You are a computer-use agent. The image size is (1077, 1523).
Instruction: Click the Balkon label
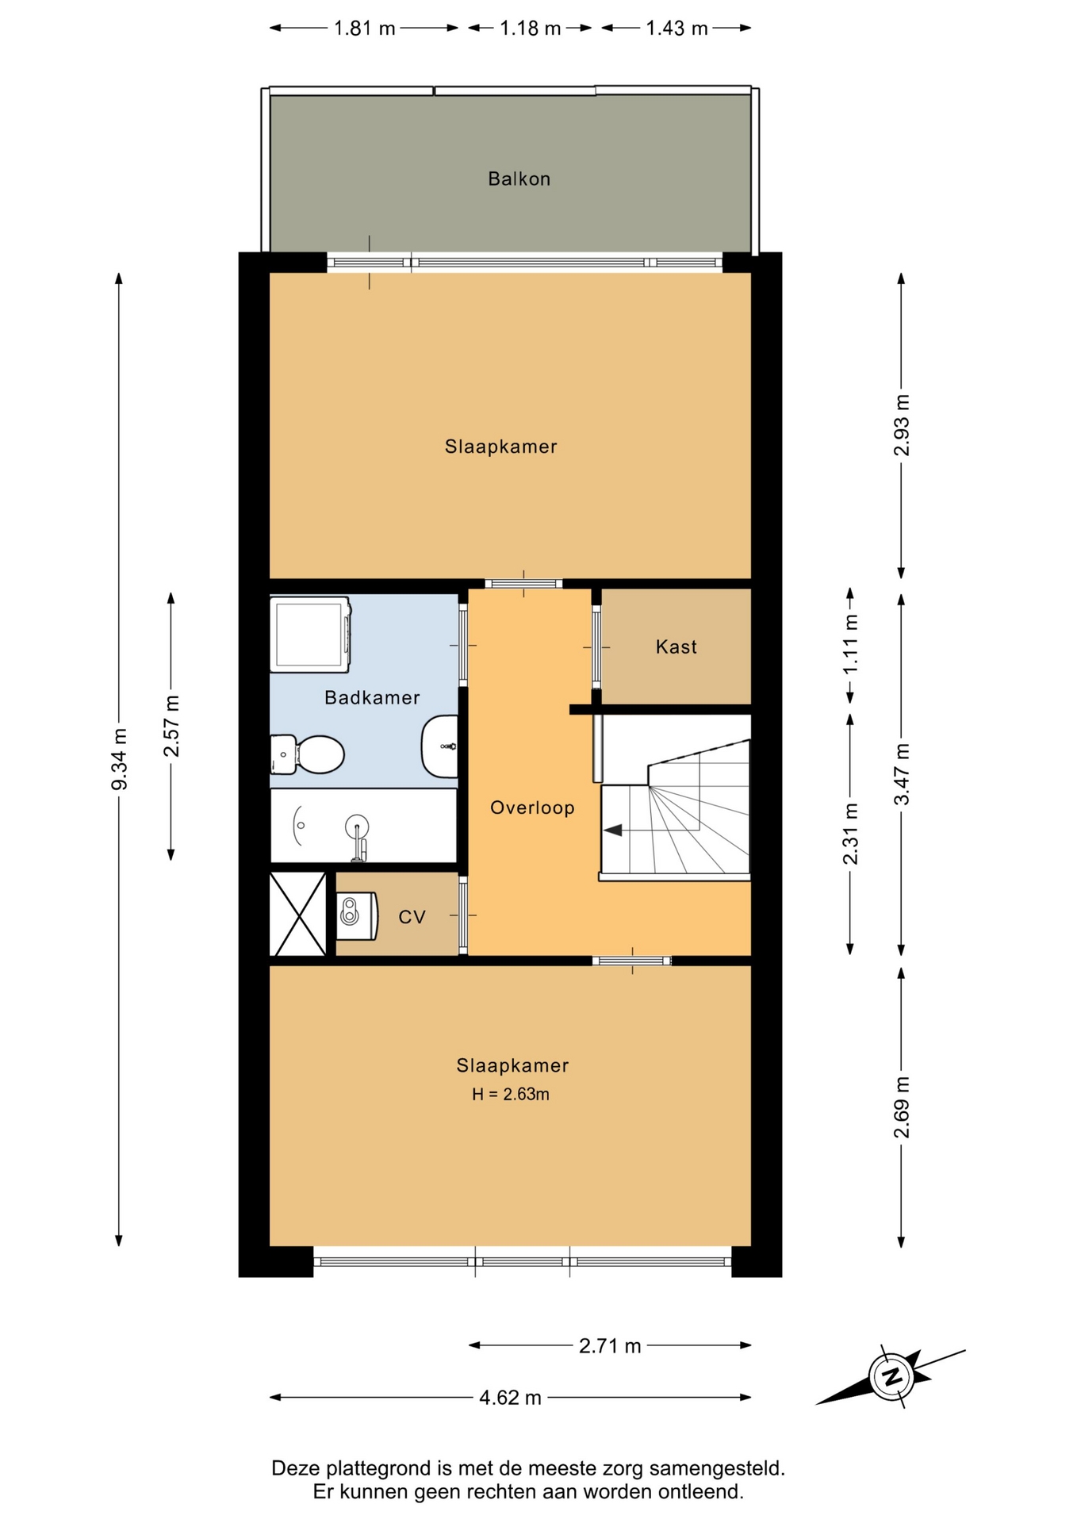coord(519,178)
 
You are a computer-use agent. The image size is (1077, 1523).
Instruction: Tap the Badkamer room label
coord(372,697)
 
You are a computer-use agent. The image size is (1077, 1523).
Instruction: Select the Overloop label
coord(532,808)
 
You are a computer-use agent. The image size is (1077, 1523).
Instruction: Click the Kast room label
coord(676,646)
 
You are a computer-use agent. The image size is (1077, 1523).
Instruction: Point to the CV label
coord(412,917)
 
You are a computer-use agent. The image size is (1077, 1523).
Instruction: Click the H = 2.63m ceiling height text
coord(511,1094)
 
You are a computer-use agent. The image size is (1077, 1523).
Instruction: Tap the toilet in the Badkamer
coord(307,754)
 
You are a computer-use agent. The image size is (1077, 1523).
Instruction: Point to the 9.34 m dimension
coord(119,759)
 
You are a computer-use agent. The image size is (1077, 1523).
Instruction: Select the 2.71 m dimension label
coord(610,1345)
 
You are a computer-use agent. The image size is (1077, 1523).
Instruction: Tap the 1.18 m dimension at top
coord(530,29)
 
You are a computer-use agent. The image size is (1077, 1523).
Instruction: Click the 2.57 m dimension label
coord(171,726)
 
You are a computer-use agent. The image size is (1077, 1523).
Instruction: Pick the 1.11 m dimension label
coord(850,645)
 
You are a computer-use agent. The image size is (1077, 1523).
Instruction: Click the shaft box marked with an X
coord(298,915)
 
